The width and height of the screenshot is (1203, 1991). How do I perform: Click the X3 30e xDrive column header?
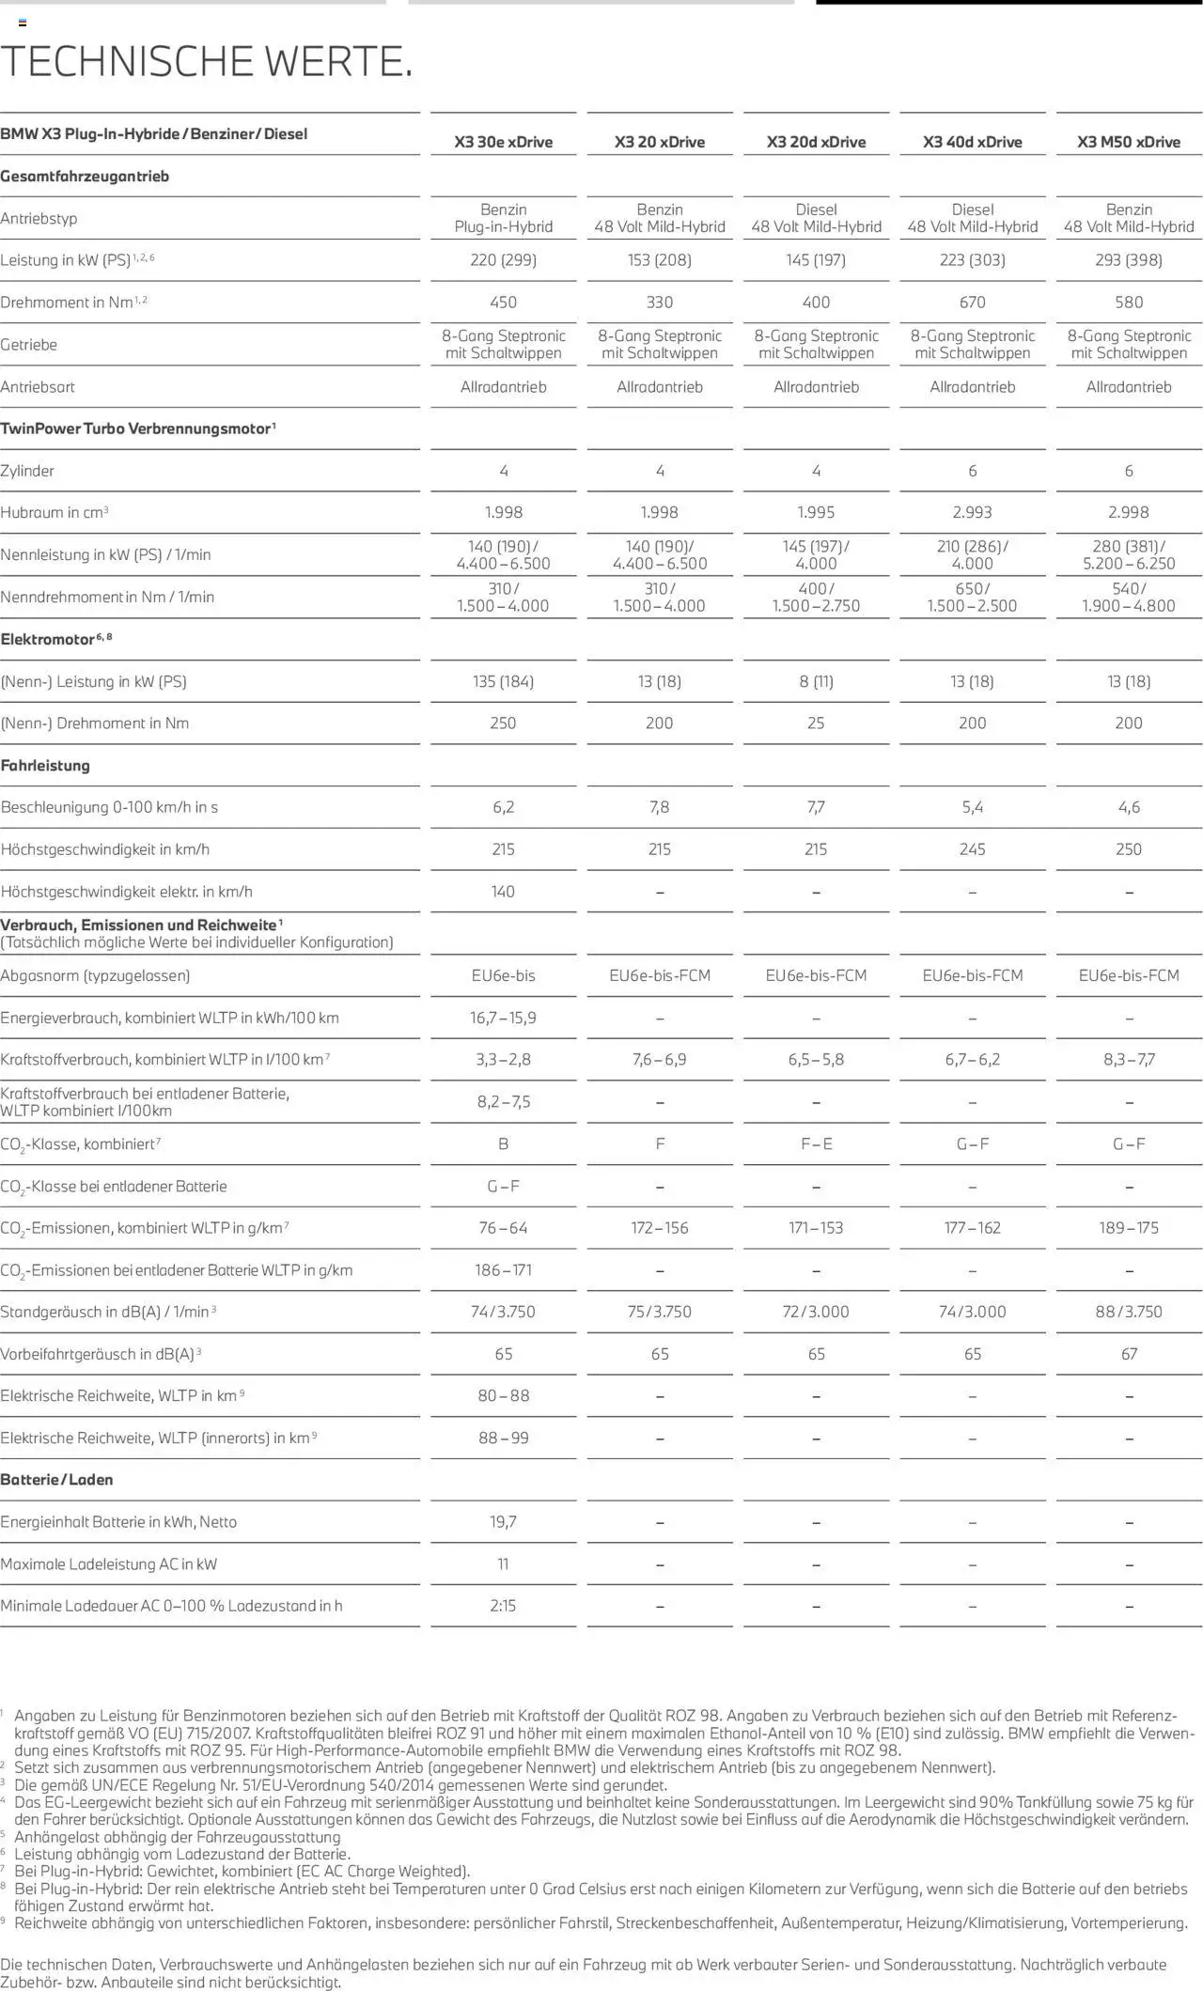tap(503, 142)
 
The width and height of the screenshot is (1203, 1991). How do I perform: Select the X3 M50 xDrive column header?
tap(1129, 142)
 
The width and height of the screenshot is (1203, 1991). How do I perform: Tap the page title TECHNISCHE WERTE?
tap(207, 61)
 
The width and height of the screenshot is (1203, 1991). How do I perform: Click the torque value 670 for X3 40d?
tap(972, 302)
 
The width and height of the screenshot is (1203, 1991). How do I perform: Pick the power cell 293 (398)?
tap(1129, 260)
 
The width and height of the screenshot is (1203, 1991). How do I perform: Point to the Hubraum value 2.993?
tap(972, 512)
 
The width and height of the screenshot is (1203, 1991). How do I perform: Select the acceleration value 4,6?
tap(1129, 807)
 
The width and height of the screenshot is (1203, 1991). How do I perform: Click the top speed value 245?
tap(972, 849)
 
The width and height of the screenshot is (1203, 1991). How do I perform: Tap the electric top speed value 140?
tap(503, 891)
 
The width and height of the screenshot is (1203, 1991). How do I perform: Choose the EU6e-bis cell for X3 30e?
tap(503, 975)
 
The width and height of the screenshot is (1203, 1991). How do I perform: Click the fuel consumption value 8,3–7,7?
tap(1129, 1059)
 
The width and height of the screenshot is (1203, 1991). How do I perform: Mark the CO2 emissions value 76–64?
tap(503, 1228)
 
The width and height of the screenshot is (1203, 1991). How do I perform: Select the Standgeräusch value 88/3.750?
tap(1129, 1312)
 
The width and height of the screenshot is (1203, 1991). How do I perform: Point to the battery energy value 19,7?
tap(503, 1522)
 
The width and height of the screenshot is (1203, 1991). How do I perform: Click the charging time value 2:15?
tap(503, 1606)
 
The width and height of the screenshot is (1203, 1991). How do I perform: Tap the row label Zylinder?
tap(27, 471)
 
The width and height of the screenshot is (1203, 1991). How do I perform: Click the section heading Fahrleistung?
tap(45, 766)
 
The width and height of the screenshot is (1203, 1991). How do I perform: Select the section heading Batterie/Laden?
tap(56, 1480)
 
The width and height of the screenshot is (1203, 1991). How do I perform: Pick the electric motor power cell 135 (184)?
tap(503, 681)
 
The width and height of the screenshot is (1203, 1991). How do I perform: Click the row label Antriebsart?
tap(38, 387)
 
